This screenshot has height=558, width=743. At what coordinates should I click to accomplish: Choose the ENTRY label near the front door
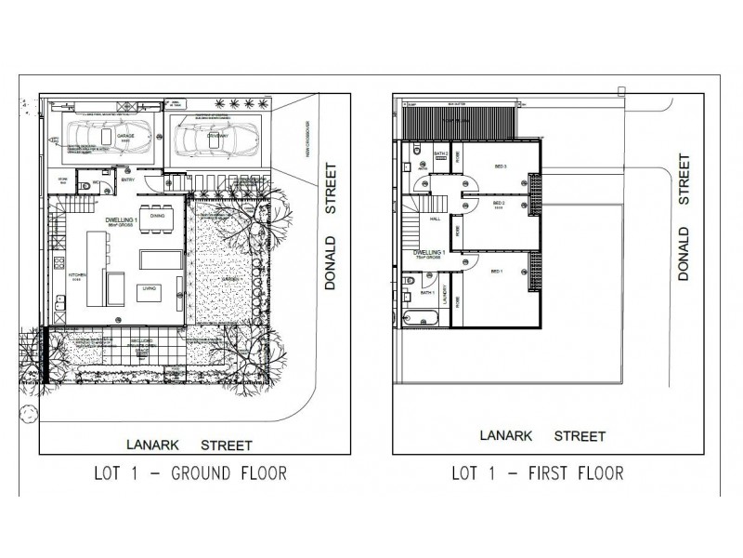point(127,179)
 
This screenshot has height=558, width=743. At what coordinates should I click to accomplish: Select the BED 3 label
point(500,166)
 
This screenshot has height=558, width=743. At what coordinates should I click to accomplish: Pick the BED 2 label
point(499,203)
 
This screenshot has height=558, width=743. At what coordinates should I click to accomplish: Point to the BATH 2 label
point(441,153)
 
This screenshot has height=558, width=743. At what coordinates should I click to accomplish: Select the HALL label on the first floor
point(435,219)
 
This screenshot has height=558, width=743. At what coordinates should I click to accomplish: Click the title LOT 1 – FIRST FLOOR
point(537,473)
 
